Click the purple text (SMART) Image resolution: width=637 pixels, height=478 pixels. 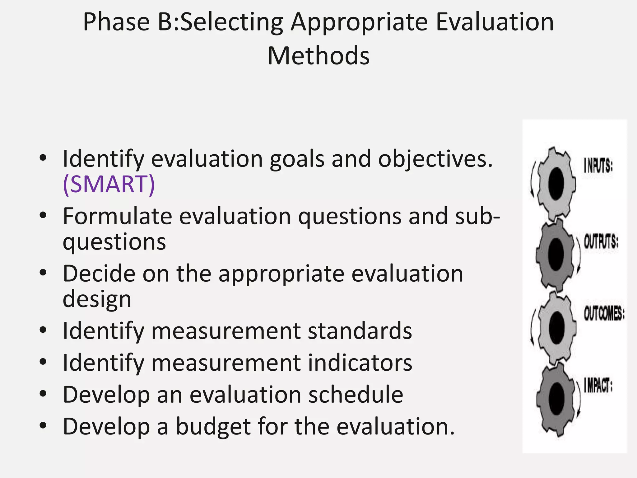109,184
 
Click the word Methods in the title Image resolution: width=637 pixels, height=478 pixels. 318,56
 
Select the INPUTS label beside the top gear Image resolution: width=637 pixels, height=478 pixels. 598,166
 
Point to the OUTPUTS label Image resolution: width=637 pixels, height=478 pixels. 601,242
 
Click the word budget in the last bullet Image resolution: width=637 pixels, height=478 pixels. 213,426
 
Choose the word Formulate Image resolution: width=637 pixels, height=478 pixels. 117,216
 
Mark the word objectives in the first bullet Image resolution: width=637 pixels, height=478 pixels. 435,159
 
